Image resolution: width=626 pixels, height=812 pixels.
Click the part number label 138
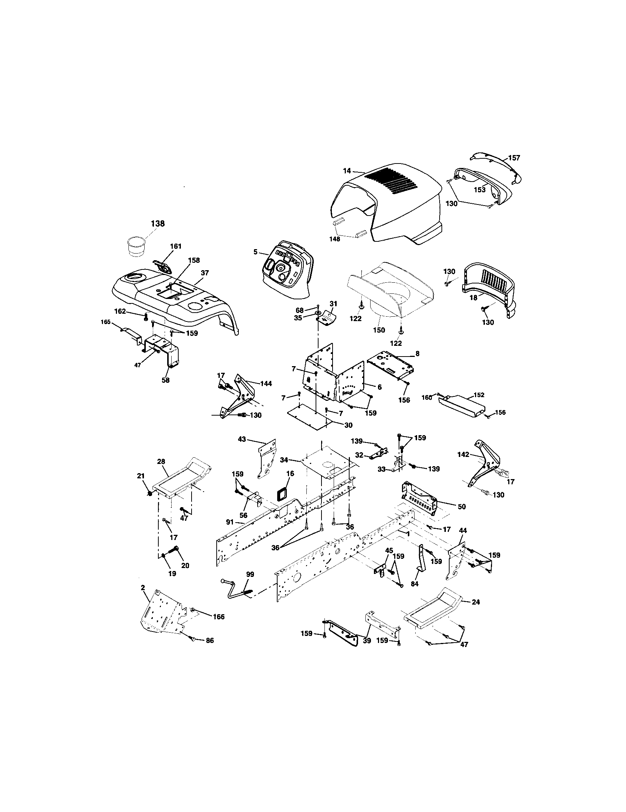(x=158, y=223)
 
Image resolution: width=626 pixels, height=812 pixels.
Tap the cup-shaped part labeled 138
(x=136, y=246)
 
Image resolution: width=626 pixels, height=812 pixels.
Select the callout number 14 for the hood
(x=347, y=171)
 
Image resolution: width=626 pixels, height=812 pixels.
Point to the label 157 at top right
(x=514, y=158)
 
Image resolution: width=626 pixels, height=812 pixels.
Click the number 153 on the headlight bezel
(x=479, y=190)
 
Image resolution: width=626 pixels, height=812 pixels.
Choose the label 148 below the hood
(x=334, y=239)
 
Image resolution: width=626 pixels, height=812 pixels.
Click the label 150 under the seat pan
(x=379, y=330)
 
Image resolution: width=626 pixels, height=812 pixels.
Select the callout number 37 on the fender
(x=204, y=272)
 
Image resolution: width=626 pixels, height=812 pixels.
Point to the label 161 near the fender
(x=176, y=246)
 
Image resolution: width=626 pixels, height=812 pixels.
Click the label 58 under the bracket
(x=165, y=380)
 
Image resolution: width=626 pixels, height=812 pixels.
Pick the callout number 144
(x=266, y=384)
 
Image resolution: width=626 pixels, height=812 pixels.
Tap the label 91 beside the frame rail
(x=230, y=522)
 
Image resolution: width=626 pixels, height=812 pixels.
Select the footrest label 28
(x=161, y=461)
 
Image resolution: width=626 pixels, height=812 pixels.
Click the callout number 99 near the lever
(x=250, y=574)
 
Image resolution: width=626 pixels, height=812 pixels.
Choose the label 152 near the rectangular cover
(x=479, y=395)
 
